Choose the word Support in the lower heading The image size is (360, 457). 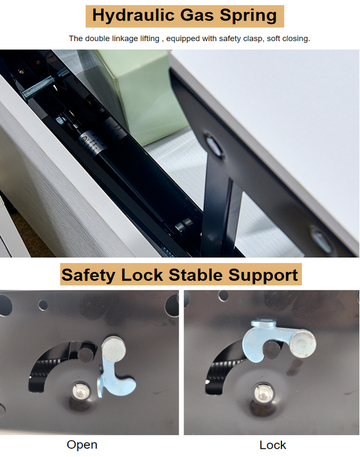[263, 275]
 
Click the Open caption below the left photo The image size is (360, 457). [82, 445]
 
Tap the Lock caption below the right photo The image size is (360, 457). [273, 445]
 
